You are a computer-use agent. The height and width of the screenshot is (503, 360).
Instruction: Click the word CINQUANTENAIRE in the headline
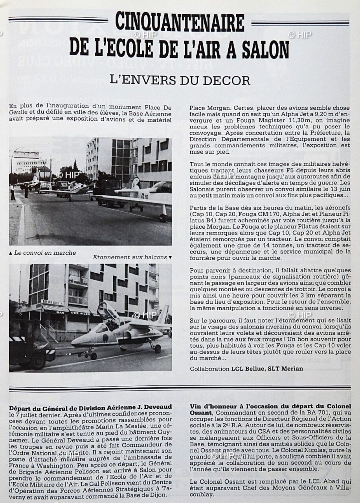pos(179,23)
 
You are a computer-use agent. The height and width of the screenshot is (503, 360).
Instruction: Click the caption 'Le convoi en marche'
pos(45,253)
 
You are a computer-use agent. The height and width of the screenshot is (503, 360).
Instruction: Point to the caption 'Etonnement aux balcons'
pos(130,257)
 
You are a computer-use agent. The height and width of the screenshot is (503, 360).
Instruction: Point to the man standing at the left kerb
pos(13,192)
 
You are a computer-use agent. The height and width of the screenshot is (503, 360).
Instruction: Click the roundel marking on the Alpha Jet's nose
pos(105,338)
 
